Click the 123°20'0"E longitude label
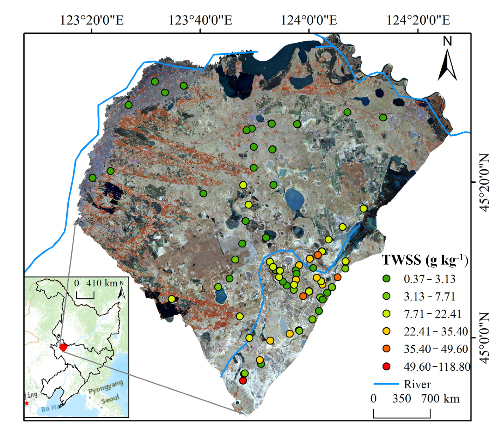pyautogui.click(x=92, y=20)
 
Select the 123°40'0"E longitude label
pyautogui.click(x=200, y=20)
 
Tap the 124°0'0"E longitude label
pyautogui.click(x=309, y=20)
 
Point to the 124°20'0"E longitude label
pyautogui.click(x=418, y=20)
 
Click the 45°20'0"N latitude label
pyautogui.click(x=484, y=182)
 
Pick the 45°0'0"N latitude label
pyautogui.click(x=484, y=338)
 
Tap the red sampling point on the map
pyautogui.click(x=243, y=381)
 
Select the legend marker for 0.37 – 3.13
pyautogui.click(x=387, y=279)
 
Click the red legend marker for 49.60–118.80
pyautogui.click(x=387, y=367)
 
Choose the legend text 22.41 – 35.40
pyautogui.click(x=436, y=332)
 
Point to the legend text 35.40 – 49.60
pyautogui.click(x=436, y=349)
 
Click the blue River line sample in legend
pyautogui.click(x=386, y=384)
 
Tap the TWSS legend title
pyautogui.click(x=425, y=260)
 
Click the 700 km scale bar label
pyautogui.click(x=440, y=399)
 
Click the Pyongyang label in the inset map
pyautogui.click(x=106, y=387)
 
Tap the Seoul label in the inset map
pyautogui.click(x=110, y=400)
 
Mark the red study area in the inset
pyautogui.click(x=63, y=347)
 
